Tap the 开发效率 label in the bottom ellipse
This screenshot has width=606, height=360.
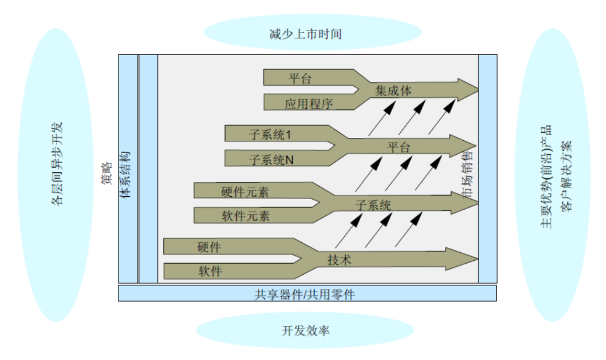[306, 330]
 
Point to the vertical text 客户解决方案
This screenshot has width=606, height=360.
[567, 174]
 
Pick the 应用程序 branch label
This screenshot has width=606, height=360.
[309, 104]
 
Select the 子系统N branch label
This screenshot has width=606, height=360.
[272, 160]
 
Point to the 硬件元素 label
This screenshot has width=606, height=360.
[245, 192]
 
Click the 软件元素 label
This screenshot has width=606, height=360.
[245, 216]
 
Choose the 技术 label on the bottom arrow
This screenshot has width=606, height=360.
[339, 260]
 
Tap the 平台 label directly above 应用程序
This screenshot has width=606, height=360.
[300, 79]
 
